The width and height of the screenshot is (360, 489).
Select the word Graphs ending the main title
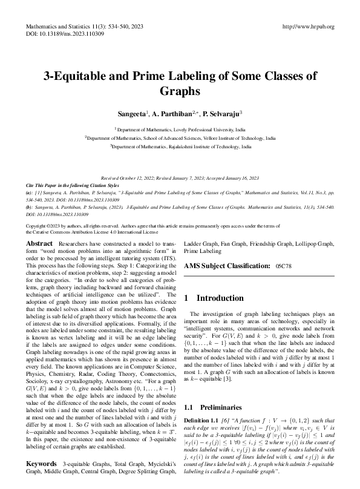coord(180,92)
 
